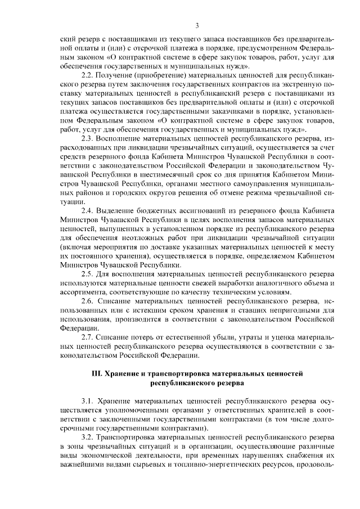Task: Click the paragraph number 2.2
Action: [88, 76]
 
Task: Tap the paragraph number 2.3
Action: [88, 138]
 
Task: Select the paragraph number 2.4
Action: [88, 210]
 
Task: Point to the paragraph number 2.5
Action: [88, 273]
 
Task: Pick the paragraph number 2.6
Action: [88, 301]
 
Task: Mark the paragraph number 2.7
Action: [88, 337]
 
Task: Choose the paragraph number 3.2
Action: [88, 436]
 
